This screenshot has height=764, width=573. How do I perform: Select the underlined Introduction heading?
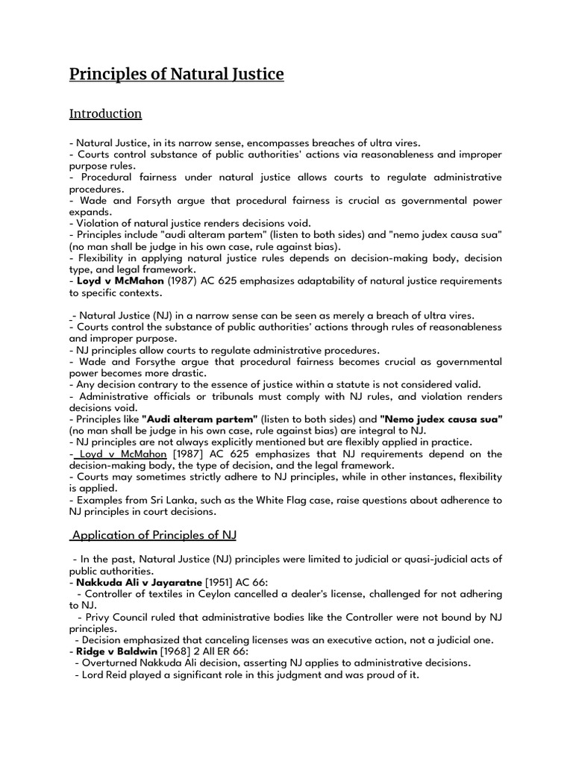105,114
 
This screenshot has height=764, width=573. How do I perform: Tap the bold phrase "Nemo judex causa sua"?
441,419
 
